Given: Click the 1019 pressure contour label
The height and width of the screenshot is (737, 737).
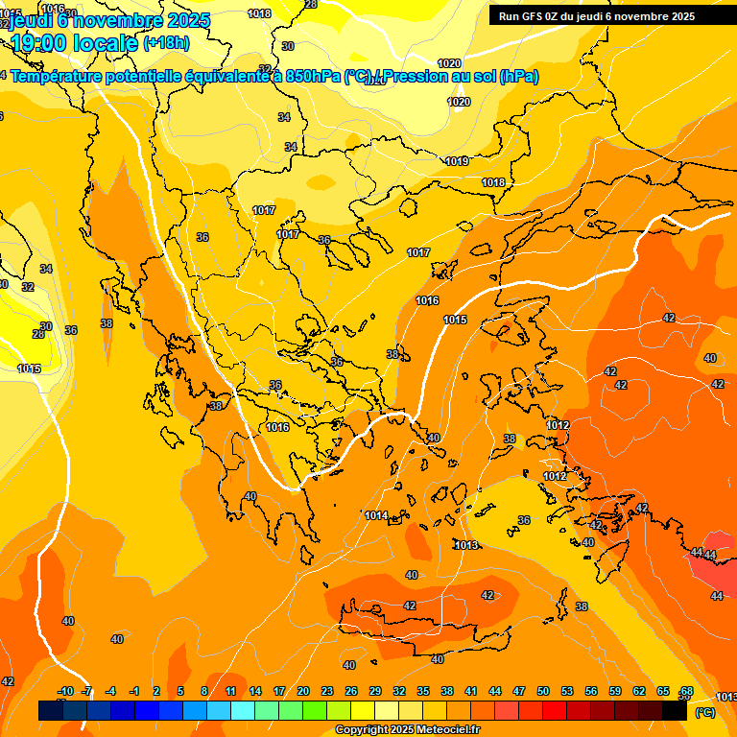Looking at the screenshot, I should click(x=457, y=161).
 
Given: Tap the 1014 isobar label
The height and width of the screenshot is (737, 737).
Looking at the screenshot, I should click(x=376, y=516).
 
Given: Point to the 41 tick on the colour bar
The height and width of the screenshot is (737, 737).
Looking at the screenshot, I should click(x=471, y=691).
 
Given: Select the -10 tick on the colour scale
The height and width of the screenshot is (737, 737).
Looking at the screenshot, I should click(x=65, y=691).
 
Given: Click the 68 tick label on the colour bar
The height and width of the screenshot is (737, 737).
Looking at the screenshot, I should click(x=687, y=691).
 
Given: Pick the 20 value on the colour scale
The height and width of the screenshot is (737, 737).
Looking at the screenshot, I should click(x=303, y=691).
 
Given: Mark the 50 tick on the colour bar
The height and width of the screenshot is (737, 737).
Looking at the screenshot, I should click(x=543, y=691).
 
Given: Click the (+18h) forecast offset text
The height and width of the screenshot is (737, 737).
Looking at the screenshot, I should click(x=166, y=42).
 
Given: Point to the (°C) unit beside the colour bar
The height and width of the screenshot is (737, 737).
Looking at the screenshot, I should click(x=704, y=712).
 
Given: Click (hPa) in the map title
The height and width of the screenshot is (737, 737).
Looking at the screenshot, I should click(x=519, y=77).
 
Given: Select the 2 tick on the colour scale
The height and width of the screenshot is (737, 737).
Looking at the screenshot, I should click(x=156, y=691).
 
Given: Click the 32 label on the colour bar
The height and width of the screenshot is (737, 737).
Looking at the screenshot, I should click(x=399, y=691).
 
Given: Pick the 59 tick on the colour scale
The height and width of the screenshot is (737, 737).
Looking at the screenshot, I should click(x=615, y=691).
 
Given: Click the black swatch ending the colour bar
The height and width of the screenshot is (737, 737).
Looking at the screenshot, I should click(x=675, y=711).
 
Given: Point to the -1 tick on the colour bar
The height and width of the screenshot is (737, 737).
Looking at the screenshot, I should click(x=134, y=691).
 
